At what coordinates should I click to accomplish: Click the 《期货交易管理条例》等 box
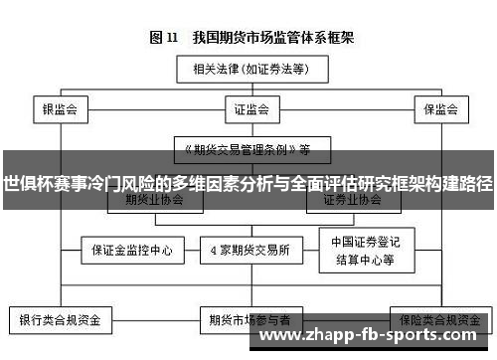tap(248, 150)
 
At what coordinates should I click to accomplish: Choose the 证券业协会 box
tap(347, 199)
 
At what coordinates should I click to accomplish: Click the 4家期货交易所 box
tap(248, 249)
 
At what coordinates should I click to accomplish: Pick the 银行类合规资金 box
tap(62, 321)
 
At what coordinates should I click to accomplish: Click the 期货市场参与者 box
tap(248, 321)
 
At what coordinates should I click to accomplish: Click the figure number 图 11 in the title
tap(163, 38)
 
